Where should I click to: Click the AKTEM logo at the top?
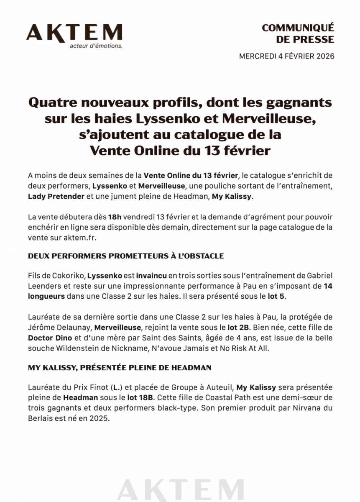pyautogui.click(x=74, y=33)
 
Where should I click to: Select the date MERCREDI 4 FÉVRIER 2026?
pyautogui.click(x=286, y=56)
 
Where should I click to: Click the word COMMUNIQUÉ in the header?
pyautogui.click(x=298, y=28)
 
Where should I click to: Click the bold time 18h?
pyautogui.click(x=114, y=218)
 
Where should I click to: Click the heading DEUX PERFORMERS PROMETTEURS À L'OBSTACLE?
pyautogui.click(x=126, y=256)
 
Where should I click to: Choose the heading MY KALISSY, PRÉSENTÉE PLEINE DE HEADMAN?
pyautogui.click(x=120, y=368)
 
